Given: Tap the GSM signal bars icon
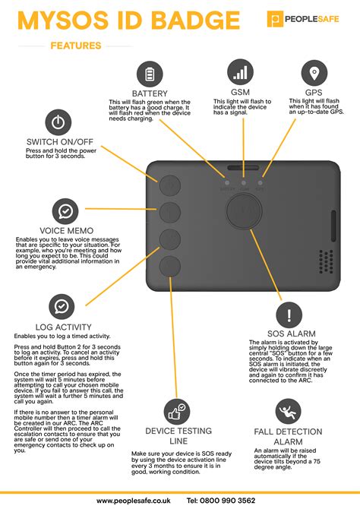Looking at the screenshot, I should pos(240,71).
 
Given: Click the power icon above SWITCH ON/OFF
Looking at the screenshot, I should pos(58,122).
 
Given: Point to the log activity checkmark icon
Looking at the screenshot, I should pos(61,307).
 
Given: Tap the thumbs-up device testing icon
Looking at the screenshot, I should pos(176,413).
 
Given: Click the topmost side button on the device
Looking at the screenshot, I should pos(169,185).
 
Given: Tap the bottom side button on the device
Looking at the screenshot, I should pos(169,265).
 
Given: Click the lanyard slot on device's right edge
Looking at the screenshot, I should pos(332,226).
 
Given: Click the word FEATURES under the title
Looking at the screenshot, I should pos(75,46).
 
